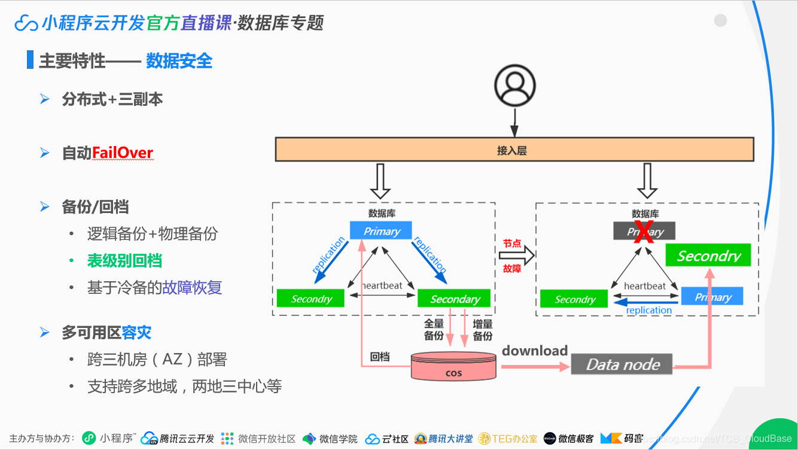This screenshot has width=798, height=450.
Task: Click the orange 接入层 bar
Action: pyautogui.click(x=514, y=150)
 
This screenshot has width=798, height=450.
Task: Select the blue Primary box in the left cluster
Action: pyautogui.click(x=382, y=231)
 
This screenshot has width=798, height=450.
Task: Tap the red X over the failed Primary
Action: pyautogui.click(x=644, y=232)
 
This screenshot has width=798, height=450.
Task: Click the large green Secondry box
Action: pyautogui.click(x=708, y=256)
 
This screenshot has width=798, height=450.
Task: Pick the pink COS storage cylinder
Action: pyautogui.click(x=454, y=366)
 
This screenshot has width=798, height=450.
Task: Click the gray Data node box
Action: pyautogui.click(x=622, y=364)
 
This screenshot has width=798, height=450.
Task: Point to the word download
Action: pyautogui.click(x=535, y=351)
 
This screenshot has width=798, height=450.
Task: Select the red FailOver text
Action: pyautogui.click(x=123, y=153)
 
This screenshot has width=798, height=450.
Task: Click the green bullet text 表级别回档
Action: pyautogui.click(x=124, y=261)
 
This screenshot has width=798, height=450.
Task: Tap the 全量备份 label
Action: pyautogui.click(x=434, y=330)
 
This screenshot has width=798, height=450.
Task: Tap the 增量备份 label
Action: pyautogui.click(x=483, y=330)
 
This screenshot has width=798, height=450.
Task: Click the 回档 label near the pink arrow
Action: pyautogui.click(x=380, y=357)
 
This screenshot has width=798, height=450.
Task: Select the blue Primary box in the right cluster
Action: pyautogui.click(x=712, y=296)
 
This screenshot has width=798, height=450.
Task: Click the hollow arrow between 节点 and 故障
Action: pyautogui.click(x=516, y=256)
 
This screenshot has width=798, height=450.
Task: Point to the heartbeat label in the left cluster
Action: pyautogui.click(x=382, y=285)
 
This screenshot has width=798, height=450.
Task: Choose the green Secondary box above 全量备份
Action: pyautogui.click(x=454, y=299)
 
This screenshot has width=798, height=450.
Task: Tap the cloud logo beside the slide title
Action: pyautogui.click(x=26, y=23)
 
